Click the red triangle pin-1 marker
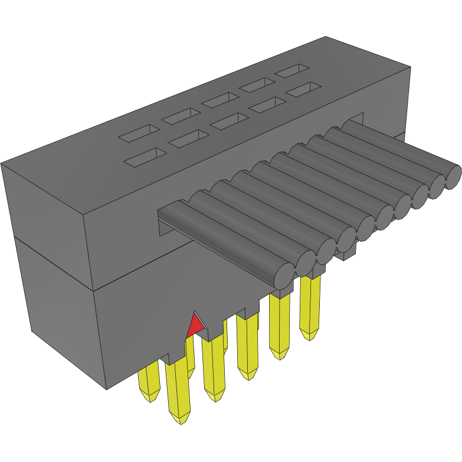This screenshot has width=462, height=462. [194, 326]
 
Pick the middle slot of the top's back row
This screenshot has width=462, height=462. [219, 100]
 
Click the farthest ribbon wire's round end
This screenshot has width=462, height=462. [453, 176]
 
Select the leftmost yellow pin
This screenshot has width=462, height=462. [149, 384]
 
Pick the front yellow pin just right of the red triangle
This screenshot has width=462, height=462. [214, 372]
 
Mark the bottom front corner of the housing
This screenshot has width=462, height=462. [106, 389]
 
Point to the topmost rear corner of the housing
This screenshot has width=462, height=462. [326, 37]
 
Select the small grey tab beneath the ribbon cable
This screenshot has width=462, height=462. [345, 254]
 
